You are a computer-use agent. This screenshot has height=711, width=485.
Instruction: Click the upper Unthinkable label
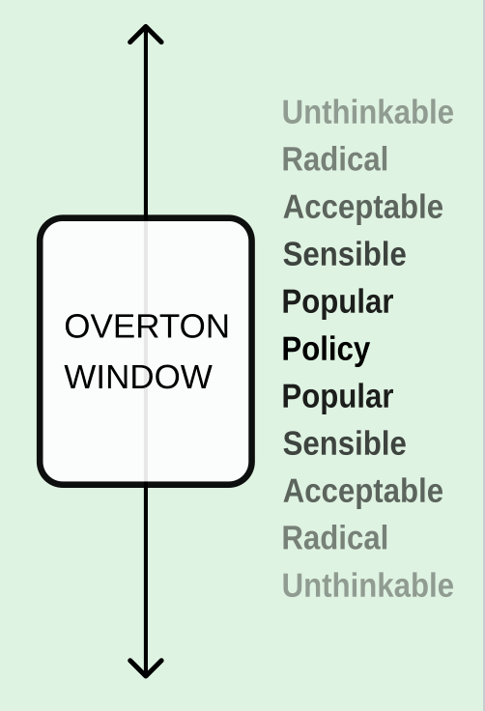click(x=368, y=112)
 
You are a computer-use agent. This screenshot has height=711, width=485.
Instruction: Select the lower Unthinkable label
click(x=368, y=585)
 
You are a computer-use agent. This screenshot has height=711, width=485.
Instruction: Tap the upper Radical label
click(x=335, y=159)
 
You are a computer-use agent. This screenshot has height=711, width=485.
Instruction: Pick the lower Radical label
click(x=335, y=538)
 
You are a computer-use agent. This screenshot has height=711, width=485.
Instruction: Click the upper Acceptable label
click(x=363, y=208)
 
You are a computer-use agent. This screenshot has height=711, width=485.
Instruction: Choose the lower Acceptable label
click(x=363, y=492)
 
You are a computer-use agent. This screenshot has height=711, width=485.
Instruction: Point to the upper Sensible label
click(x=344, y=254)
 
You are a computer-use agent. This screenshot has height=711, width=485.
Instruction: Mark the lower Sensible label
click(x=344, y=443)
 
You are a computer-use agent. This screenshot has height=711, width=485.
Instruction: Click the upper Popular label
click(x=337, y=302)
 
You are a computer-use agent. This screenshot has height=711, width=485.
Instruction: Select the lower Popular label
click(x=337, y=397)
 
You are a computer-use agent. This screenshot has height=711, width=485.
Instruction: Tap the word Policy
click(x=326, y=350)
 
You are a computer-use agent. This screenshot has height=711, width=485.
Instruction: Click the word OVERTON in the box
click(x=146, y=326)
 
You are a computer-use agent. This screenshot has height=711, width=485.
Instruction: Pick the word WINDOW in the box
click(x=138, y=377)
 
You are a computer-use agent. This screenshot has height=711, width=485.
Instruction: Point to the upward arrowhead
click(x=146, y=34)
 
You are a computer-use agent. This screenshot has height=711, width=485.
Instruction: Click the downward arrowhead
click(x=146, y=668)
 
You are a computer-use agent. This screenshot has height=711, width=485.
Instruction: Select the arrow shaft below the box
click(x=146, y=582)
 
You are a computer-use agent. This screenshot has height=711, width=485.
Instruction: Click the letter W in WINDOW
click(x=79, y=377)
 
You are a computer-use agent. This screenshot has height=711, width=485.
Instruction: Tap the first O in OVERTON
click(x=76, y=326)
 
